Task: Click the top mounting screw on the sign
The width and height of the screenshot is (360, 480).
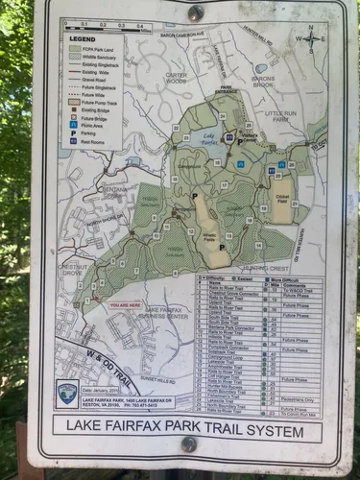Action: [x=196, y=13]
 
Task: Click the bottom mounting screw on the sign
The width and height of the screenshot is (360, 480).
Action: [x=189, y=444]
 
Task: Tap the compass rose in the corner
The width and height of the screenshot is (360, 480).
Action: [x=313, y=39]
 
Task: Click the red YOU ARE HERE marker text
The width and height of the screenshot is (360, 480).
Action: [x=126, y=305]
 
